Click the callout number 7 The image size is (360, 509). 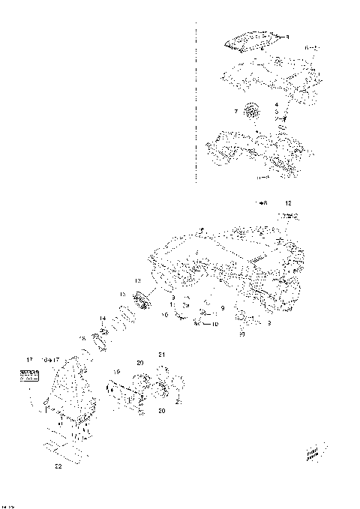tap(235, 111)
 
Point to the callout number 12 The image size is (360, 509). tap(288, 204)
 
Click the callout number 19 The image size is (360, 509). tap(116, 371)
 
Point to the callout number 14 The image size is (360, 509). tap(102, 319)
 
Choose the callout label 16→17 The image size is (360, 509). tap(50, 361)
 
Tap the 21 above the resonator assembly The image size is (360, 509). tap(160, 353)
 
